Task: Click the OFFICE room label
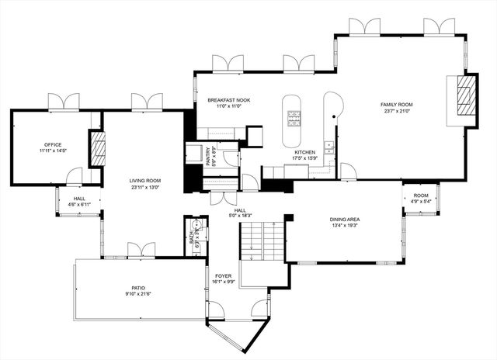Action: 53,144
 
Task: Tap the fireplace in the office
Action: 98,148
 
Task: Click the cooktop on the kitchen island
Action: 295,118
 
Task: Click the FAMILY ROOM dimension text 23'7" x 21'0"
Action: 396,111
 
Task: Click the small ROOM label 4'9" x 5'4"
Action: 421,196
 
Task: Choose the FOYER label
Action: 223,275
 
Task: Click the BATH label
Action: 192,234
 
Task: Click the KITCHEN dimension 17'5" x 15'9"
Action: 304,158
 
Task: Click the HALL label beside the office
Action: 79,198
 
